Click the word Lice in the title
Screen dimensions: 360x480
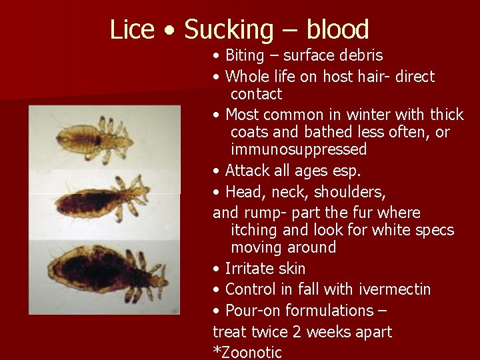(131, 29)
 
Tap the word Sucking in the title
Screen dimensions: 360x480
(228, 30)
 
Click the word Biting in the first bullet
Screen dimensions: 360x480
(247, 55)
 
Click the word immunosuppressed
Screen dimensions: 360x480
(299, 149)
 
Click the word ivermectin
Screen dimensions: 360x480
(395, 289)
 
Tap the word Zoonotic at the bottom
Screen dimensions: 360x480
(250, 353)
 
